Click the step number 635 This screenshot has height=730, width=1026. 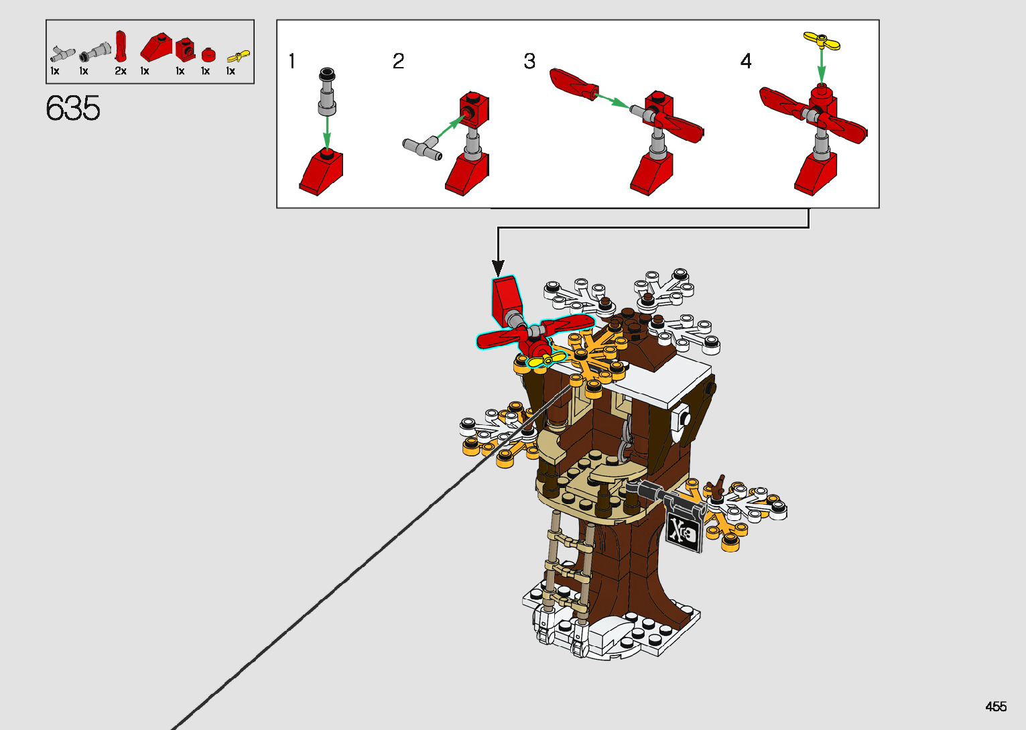pyautogui.click(x=73, y=109)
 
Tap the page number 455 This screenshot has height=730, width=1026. pyautogui.click(x=996, y=707)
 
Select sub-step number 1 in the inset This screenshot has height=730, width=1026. pyautogui.click(x=292, y=62)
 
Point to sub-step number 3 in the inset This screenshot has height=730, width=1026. pyautogui.click(x=529, y=62)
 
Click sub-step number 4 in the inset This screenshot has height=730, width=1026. pyautogui.click(x=746, y=62)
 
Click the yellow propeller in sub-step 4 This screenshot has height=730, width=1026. pyautogui.click(x=822, y=42)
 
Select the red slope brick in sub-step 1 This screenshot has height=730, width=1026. pyautogui.click(x=321, y=172)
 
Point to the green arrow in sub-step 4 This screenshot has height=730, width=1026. pyautogui.click(x=822, y=66)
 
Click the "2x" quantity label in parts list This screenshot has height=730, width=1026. pyautogui.click(x=121, y=71)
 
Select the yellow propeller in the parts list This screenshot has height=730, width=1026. pyautogui.click(x=239, y=56)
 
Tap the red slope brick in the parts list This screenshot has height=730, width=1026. pyautogui.click(x=155, y=48)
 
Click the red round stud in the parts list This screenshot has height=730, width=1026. pyautogui.click(x=208, y=54)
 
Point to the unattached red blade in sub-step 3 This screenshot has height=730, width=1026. pyautogui.click(x=573, y=84)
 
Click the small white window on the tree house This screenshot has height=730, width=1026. pyautogui.click(x=682, y=418)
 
